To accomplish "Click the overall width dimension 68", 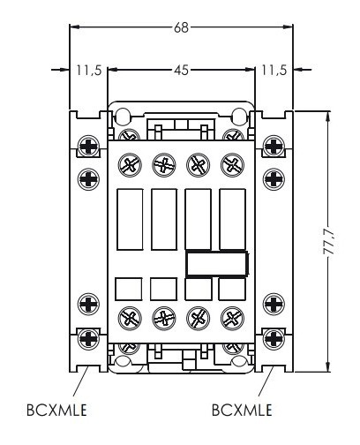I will point(181,27).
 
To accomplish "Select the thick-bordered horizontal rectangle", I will point(216,262).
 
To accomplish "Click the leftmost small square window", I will point(129,290).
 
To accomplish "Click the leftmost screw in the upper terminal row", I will point(129,163).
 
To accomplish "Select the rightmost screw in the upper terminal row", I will point(232,163).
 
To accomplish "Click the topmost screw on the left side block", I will point(89,145).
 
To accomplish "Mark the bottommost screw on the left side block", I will point(89,336).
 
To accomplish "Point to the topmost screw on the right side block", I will point(273,145).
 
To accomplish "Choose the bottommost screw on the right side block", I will point(273,336).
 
